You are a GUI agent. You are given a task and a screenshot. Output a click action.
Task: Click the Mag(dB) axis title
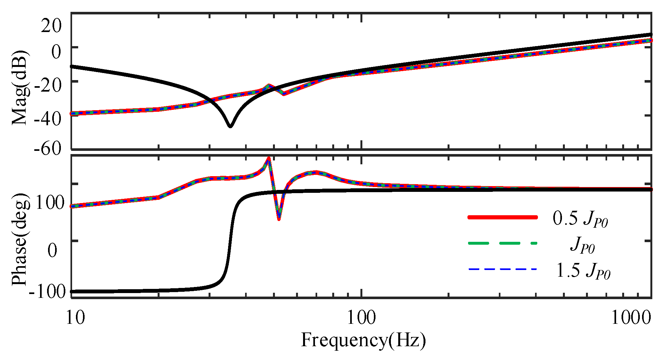[20, 87]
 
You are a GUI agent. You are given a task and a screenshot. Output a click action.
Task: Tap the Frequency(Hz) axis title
[363, 340]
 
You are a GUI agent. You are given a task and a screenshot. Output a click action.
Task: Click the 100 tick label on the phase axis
[50, 202]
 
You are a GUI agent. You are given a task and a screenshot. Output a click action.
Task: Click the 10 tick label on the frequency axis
[76, 317]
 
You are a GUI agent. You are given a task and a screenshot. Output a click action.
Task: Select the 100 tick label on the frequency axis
[362, 317]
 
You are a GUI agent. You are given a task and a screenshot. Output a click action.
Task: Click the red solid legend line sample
[502, 217]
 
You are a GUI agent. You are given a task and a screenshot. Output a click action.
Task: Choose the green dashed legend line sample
[502, 243]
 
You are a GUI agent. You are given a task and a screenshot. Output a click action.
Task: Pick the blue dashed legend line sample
[502, 269]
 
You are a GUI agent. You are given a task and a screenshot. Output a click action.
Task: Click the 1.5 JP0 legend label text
[582, 271]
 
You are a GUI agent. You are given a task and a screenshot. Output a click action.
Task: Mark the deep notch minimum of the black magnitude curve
[230, 126]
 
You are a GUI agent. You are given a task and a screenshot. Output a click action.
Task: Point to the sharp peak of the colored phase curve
[269, 158]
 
